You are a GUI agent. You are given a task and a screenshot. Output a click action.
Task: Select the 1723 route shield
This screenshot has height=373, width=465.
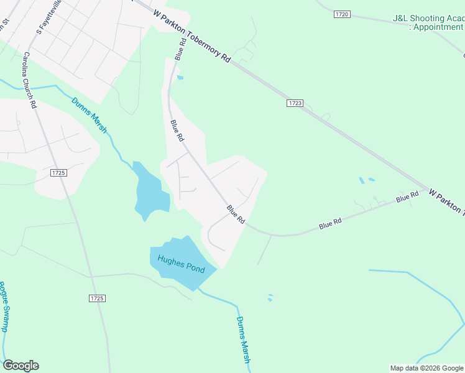point(295,103)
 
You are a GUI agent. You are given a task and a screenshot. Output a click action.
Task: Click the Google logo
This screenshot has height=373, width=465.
point(21,366)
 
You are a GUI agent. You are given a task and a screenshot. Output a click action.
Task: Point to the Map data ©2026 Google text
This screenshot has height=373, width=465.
point(426,368)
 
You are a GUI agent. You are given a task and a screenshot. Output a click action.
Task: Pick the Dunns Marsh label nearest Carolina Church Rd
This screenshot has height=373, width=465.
point(89,115)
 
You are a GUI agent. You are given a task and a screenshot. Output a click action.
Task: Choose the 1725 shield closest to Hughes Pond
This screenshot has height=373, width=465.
point(96,298)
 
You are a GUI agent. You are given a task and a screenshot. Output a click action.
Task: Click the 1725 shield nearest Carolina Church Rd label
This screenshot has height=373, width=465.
point(59,172)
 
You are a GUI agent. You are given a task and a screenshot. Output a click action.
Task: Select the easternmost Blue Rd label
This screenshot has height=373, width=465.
point(408,197)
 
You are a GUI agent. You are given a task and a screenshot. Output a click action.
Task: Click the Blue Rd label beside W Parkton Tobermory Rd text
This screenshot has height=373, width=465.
point(181,49)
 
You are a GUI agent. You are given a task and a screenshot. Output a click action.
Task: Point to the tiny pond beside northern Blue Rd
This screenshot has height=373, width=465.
point(180,78)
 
